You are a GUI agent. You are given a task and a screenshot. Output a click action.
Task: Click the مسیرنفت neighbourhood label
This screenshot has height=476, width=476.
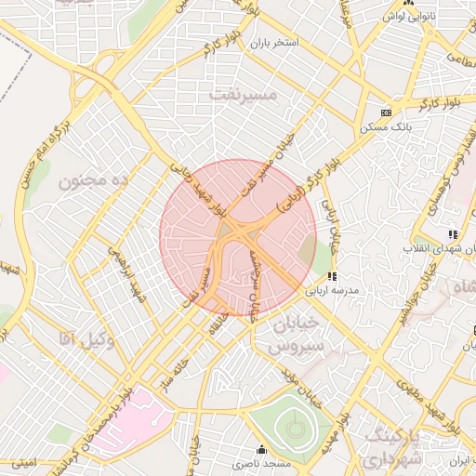point(244,95)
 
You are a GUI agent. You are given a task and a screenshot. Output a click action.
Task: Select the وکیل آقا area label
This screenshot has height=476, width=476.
point(85,339)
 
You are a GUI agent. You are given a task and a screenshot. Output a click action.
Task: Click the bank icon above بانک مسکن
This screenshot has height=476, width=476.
point(386,112)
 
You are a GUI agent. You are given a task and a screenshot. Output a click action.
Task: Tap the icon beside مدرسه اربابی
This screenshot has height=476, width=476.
point(331,276)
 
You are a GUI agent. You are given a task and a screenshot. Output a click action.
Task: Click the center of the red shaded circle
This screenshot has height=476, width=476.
point(238,238)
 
